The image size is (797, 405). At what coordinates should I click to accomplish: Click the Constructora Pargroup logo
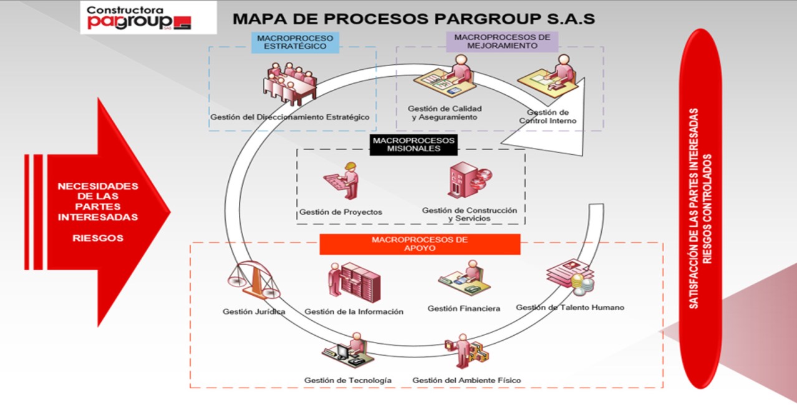tap(139, 17)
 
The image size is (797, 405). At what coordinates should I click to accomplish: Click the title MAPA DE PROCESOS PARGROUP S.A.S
tap(413, 19)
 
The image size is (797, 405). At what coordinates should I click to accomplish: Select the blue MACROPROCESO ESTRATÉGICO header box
tap(295, 42)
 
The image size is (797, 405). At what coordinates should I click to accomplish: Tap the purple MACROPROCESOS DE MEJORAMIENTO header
tap(502, 41)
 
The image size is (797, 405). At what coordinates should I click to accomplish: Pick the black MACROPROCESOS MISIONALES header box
tap(413, 145)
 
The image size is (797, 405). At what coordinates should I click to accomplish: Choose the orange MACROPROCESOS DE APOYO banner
tap(420, 244)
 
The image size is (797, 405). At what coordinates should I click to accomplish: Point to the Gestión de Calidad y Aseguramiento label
tap(445, 113)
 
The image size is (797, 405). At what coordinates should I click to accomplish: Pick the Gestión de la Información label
tap(354, 311)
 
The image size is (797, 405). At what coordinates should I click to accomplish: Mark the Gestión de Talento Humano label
tap(569, 307)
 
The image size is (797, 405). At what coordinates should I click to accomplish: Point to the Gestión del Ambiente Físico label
tap(466, 380)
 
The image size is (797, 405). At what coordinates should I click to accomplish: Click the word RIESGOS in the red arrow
tap(98, 238)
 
